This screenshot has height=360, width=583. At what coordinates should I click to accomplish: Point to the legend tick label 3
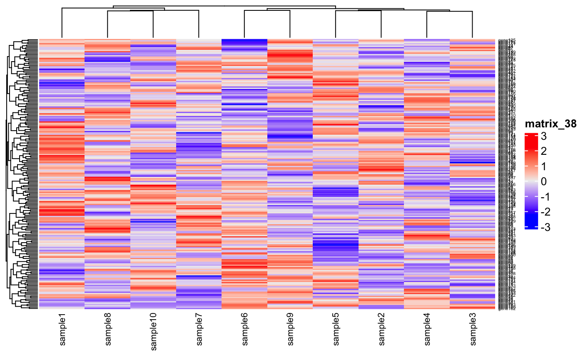[x=544, y=137]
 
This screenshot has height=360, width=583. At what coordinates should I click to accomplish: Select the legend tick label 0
[x=544, y=182]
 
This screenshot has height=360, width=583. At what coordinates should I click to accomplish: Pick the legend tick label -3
[x=543, y=227]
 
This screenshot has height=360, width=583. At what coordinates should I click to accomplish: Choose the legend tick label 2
[x=544, y=151]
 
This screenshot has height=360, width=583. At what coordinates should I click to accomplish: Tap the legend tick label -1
[x=543, y=197]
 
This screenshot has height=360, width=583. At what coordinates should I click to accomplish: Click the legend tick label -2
[x=543, y=212]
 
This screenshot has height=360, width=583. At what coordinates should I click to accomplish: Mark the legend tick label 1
[x=544, y=166]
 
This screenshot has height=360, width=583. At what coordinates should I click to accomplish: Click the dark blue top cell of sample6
[x=244, y=41]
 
